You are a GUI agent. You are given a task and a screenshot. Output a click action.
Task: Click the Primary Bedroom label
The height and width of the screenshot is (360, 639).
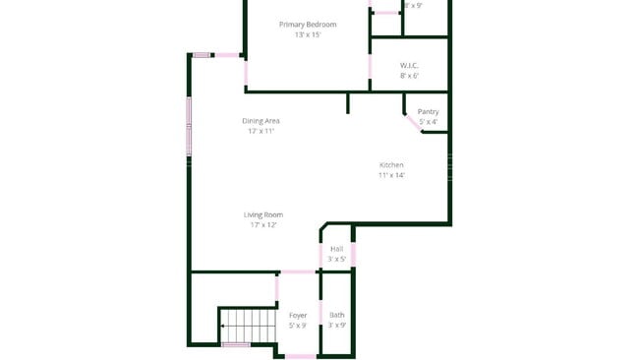(308, 24)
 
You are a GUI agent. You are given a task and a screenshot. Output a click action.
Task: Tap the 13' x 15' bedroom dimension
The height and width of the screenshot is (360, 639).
(308, 34)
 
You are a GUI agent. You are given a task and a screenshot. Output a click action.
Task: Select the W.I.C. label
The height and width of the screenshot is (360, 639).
(409, 65)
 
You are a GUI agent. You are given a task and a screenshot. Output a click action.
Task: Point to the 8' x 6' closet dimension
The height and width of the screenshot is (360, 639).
(409, 76)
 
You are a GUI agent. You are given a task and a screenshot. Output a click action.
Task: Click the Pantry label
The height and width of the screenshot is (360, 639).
(428, 111)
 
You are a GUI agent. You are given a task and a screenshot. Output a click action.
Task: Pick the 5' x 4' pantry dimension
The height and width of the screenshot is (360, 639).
(428, 122)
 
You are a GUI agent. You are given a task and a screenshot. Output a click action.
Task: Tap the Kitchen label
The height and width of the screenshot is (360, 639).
(391, 164)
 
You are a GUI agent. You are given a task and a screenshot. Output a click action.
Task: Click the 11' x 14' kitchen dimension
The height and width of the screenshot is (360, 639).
(391, 175)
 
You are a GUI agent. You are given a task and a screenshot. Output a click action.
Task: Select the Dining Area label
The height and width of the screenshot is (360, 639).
(261, 120)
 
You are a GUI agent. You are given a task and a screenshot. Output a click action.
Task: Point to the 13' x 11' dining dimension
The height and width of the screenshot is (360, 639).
(261, 131)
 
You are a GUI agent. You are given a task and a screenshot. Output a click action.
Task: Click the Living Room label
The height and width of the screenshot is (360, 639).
(263, 214)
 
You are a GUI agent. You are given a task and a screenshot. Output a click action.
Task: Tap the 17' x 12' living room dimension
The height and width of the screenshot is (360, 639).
(263, 225)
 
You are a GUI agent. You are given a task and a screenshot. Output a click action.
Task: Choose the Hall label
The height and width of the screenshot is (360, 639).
(336, 249)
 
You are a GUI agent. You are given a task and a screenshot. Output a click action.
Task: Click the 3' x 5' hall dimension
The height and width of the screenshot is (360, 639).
(336, 260)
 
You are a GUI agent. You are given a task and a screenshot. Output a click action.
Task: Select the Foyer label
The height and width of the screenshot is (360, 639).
(297, 315)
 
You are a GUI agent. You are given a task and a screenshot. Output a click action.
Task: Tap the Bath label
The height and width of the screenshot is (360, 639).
(336, 315)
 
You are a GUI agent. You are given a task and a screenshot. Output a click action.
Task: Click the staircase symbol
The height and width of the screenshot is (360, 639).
(247, 324)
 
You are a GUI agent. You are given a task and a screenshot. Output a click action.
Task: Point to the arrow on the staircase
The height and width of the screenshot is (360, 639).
(225, 324)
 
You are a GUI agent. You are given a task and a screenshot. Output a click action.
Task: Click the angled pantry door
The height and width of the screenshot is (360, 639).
(413, 122)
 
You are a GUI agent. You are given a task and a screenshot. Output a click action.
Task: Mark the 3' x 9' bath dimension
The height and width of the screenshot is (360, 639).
(336, 326)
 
